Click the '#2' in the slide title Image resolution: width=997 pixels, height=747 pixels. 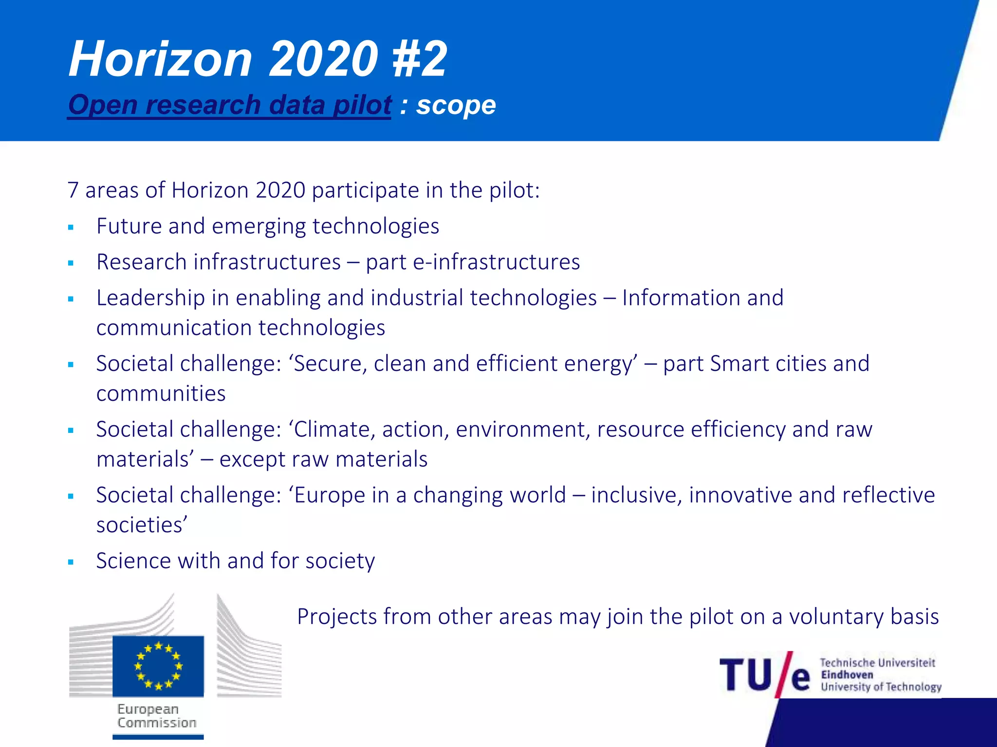coord(419,59)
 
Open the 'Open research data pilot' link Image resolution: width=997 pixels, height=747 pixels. coord(229,105)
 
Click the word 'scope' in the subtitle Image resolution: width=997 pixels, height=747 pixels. coord(456,105)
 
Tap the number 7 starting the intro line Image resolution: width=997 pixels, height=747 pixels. coord(73,190)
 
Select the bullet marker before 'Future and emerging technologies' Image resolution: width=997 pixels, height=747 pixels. coord(71,227)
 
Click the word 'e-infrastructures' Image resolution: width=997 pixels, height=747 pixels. coord(497,262)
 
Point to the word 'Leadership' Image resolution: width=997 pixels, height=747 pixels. coord(150,298)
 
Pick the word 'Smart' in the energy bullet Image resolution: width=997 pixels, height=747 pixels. coord(739,364)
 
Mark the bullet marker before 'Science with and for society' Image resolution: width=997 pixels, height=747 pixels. coord(71,562)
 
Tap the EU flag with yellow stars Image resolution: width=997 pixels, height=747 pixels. coord(158,666)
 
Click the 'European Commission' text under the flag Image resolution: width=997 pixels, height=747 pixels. coord(157,716)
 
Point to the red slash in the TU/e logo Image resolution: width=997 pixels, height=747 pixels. coord(785,674)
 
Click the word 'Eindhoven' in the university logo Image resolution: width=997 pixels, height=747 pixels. coord(847,675)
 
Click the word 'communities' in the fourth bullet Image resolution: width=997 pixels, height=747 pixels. coord(161,393)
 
